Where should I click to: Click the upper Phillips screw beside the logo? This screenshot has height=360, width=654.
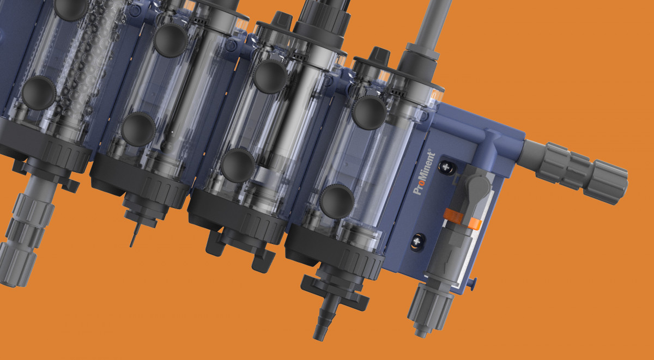446,167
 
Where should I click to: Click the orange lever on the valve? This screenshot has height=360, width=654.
462,219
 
